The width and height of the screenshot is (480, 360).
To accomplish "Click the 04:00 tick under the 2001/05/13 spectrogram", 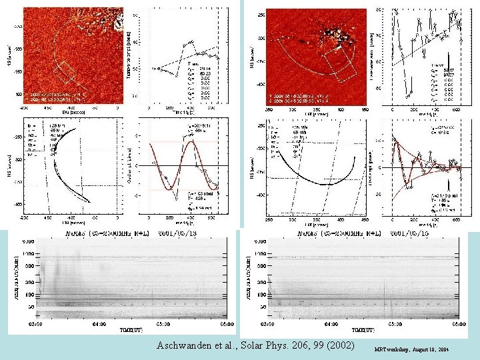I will click(99, 325).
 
